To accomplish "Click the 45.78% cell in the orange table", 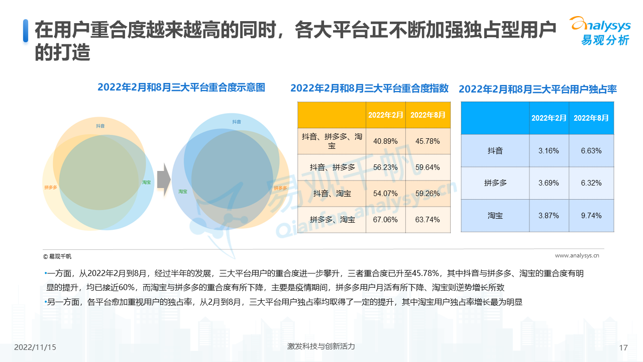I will point(427,141).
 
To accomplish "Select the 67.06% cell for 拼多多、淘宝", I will point(385,220).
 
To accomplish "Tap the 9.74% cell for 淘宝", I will point(591,216).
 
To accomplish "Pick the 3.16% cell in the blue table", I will point(549,151).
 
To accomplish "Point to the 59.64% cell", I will point(427,167).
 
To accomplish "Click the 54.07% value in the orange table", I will point(385,194).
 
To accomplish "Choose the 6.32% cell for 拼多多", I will point(591,183).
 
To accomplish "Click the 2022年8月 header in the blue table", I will point(591,118).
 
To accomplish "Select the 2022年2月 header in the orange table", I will point(385,115).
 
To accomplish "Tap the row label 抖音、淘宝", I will point(332,194).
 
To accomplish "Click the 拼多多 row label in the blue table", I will point(495,183).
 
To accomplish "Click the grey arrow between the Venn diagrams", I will point(163,182).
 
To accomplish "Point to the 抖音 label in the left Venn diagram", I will point(100,126).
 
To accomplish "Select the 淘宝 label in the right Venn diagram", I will point(183,191).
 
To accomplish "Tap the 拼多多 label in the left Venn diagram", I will point(51,188).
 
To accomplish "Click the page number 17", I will point(623,348).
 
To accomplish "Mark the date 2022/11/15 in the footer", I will point(35,347).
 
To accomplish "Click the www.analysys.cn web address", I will point(577,255).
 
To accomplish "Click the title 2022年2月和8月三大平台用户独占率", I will point(538,89).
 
